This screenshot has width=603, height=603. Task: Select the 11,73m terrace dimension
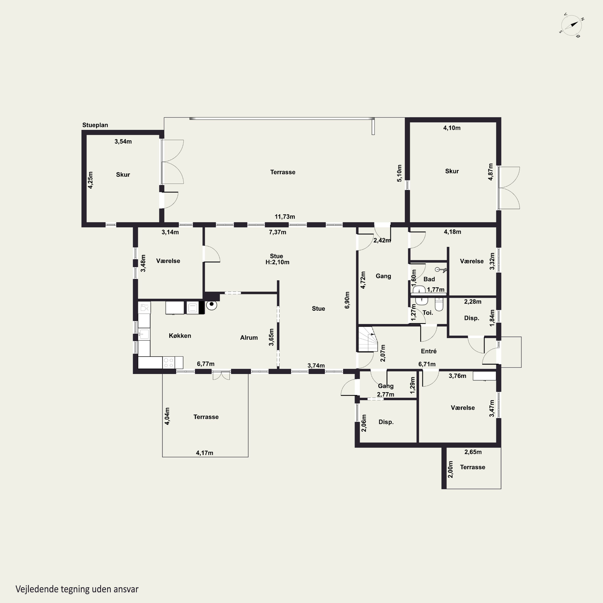point(285,217)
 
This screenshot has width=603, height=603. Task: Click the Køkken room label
point(180,335)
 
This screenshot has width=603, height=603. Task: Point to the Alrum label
point(249,337)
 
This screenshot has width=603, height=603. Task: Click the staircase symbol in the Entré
point(368,339)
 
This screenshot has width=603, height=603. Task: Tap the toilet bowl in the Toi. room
point(439,304)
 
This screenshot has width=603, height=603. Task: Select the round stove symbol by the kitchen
point(212,305)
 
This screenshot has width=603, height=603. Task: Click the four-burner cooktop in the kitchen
point(169,363)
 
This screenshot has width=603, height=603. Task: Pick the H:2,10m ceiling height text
point(277,262)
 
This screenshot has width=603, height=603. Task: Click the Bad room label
point(429,279)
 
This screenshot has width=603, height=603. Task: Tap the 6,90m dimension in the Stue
point(347,300)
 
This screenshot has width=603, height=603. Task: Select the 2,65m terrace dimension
point(473,452)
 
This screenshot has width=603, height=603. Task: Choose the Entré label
point(429,351)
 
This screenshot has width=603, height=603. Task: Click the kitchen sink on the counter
point(144,334)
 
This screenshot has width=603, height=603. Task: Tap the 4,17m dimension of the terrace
point(204,453)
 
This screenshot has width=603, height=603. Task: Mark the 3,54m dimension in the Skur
point(123,141)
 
